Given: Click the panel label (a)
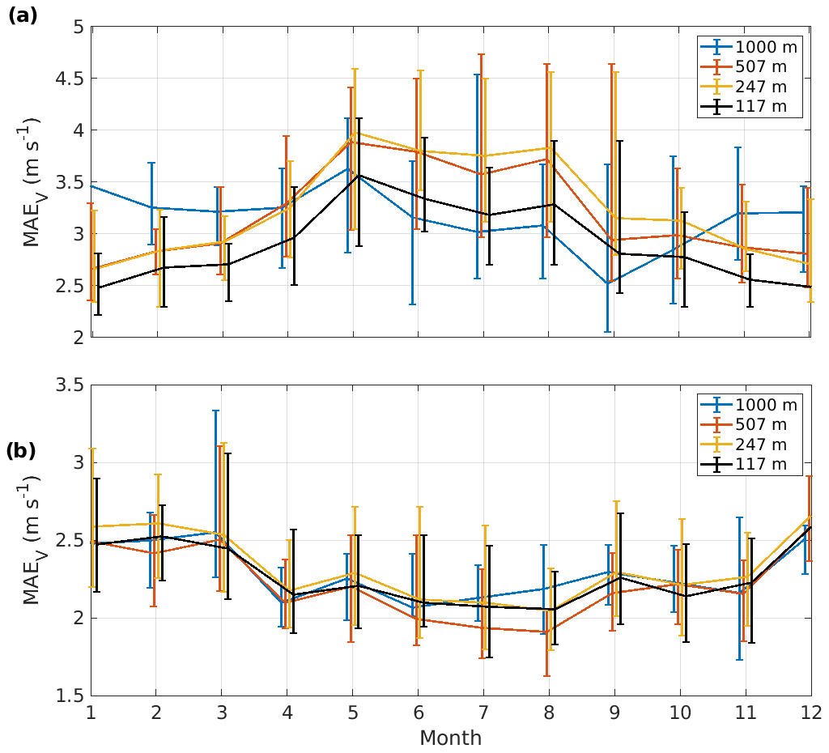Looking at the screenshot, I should click(x=22, y=15).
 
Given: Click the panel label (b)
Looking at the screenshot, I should click(x=22, y=451).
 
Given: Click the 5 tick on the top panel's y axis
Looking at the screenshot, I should click(x=79, y=28).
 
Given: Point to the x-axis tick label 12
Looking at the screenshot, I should click(x=810, y=712).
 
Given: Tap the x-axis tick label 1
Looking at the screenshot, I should click(x=91, y=712).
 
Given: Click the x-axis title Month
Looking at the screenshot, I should click(x=450, y=738).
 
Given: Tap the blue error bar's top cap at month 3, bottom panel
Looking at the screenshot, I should click(x=215, y=411).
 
